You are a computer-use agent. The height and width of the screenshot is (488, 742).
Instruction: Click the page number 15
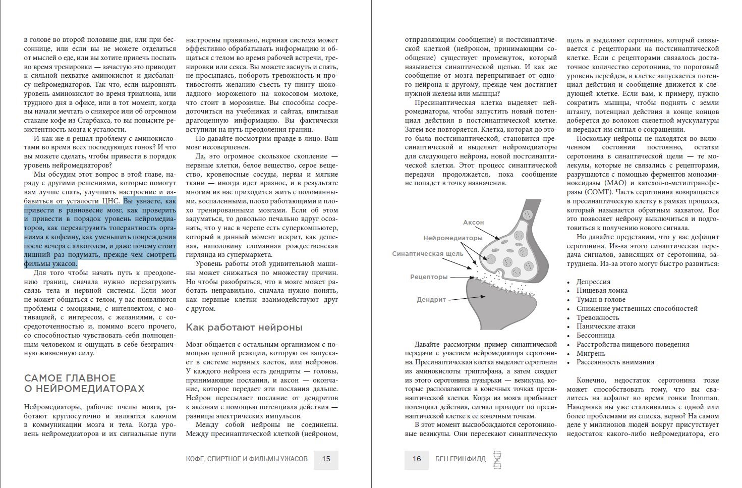tap(326, 459)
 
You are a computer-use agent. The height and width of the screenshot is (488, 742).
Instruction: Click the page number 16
tap(417, 459)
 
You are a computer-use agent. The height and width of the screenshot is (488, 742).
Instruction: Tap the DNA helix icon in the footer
tap(497, 459)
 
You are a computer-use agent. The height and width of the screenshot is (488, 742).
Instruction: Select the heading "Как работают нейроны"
tap(244, 328)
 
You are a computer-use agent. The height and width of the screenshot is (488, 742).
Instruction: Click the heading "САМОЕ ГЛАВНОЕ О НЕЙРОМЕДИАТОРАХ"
tap(84, 384)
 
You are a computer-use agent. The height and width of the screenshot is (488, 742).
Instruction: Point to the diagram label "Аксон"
tap(473, 223)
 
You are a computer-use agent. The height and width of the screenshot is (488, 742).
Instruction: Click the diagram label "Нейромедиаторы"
tap(452, 238)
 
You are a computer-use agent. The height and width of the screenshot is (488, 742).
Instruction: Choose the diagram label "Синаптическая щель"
tap(427, 254)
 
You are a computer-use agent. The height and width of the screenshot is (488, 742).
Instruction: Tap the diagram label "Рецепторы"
tap(429, 277)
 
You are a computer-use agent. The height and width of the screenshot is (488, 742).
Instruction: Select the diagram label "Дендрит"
tap(431, 300)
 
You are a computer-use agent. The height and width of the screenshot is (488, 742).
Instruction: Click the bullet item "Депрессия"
tap(593, 282)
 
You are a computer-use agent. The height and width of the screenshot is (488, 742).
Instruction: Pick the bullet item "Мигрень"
tap(591, 353)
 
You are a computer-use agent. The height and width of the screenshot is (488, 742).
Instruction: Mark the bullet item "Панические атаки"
tap(606, 327)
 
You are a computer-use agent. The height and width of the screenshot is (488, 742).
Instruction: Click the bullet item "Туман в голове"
tap(601, 300)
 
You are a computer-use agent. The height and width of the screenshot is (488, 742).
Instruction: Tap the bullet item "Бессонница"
tap(596, 336)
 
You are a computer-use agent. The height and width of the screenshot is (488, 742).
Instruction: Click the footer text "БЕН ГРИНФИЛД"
tap(461, 459)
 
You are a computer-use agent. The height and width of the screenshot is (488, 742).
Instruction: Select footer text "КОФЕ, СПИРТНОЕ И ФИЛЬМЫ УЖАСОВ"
tap(247, 459)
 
